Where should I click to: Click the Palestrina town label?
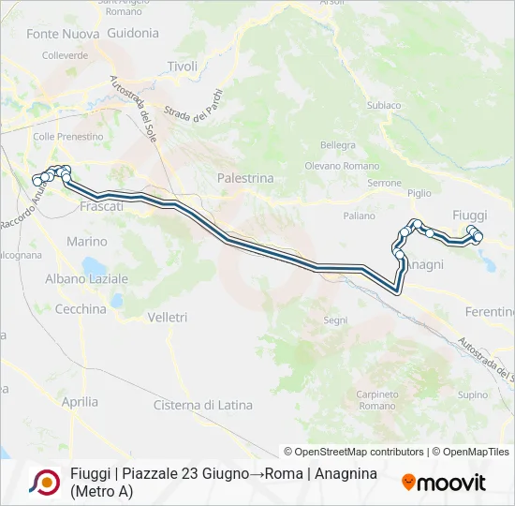point(244,177)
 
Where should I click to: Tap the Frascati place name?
point(102,206)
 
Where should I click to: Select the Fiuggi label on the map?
point(469,215)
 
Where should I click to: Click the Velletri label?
point(168,318)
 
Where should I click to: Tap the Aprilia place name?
point(80,402)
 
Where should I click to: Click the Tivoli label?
point(183,67)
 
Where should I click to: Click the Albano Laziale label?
point(86,279)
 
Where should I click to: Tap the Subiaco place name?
point(384,106)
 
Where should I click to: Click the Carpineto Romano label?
point(377,400)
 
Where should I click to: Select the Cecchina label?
point(81,309)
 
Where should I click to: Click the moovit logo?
point(444,483)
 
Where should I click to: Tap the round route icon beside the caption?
point(44,482)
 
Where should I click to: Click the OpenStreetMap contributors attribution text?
point(354,452)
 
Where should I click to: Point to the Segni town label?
point(335,320)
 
